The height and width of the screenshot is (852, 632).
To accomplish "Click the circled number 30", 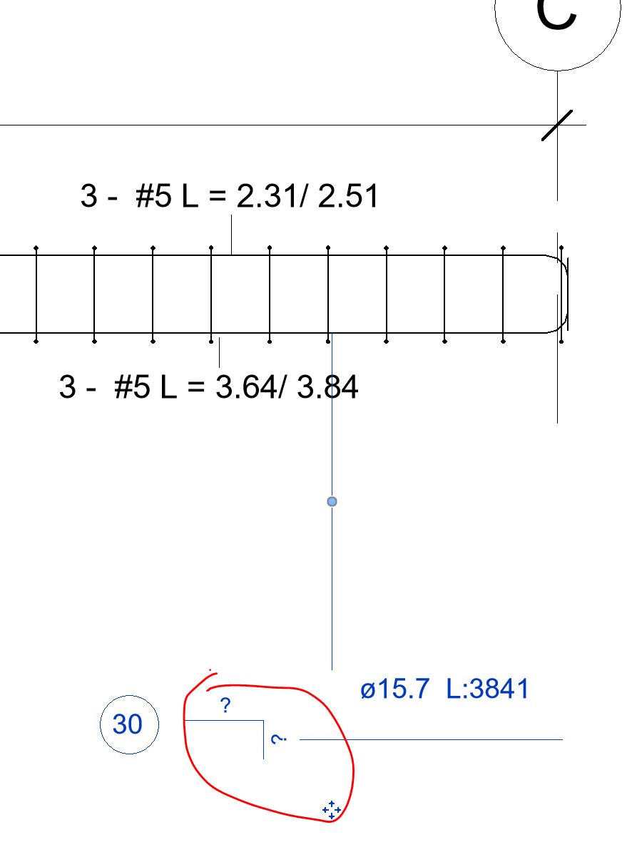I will point(128,725).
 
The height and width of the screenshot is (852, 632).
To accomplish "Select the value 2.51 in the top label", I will point(348,196).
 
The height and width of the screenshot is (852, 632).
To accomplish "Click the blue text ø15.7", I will point(395,689).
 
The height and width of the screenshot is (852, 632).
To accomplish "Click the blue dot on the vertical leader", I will point(332,502).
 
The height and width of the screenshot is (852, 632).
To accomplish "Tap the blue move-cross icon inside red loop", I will point(331,809).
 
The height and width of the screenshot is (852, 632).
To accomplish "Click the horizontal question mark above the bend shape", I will point(225,706).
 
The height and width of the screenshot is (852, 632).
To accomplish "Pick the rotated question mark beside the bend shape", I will point(279,739).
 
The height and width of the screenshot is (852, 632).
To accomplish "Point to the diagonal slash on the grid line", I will point(556,125).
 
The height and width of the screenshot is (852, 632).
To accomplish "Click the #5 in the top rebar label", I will point(153,196).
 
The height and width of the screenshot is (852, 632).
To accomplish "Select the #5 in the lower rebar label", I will point(131,388).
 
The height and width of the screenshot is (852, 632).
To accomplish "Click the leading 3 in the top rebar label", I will point(88,196).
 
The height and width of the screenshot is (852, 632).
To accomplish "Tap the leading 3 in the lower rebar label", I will point(67,388).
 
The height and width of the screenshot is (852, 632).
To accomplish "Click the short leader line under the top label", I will point(231,234).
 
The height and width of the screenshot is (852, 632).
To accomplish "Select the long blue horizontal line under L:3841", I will point(431,739).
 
